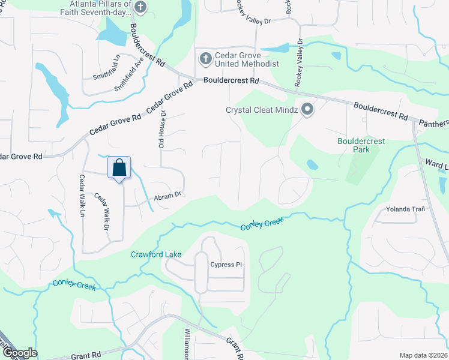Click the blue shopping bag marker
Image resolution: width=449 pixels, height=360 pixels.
pyautogui.click(x=119, y=167)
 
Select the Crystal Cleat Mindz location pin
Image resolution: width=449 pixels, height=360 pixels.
pyautogui.click(x=308, y=110)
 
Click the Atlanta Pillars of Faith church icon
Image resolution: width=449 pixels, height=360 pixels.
pyautogui.click(x=140, y=8)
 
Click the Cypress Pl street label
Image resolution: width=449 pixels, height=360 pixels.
pyautogui.click(x=225, y=265)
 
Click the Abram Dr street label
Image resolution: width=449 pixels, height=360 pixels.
pyautogui.click(x=167, y=194)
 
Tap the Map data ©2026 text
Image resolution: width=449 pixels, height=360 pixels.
pyautogui.click(x=423, y=355)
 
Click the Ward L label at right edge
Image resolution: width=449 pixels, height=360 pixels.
pyautogui.click(x=436, y=163)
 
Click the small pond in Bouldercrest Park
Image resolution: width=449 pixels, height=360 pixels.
pyautogui.click(x=312, y=164)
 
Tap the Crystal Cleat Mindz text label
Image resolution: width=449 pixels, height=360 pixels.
pyautogui.click(x=261, y=110)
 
